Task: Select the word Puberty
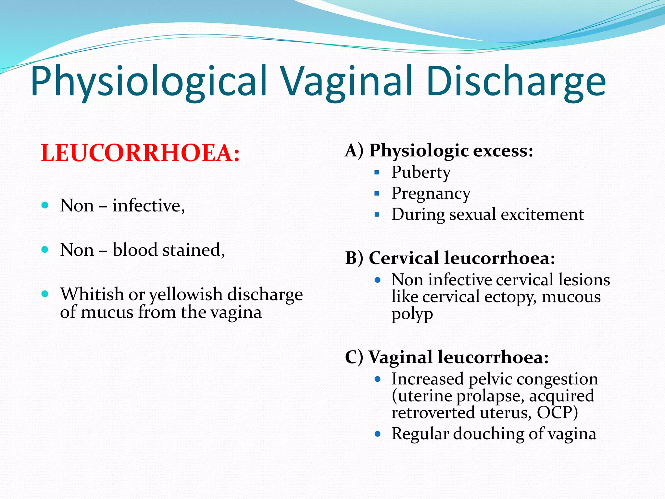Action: pyautogui.click(x=421, y=172)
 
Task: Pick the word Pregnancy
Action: pyautogui.click(x=431, y=194)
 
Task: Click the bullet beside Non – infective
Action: pyautogui.click(x=45, y=205)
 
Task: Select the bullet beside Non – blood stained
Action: pyautogui.click(x=45, y=249)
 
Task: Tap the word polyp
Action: pyautogui.click(x=412, y=314)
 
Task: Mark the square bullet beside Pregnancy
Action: pyautogui.click(x=377, y=194)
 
